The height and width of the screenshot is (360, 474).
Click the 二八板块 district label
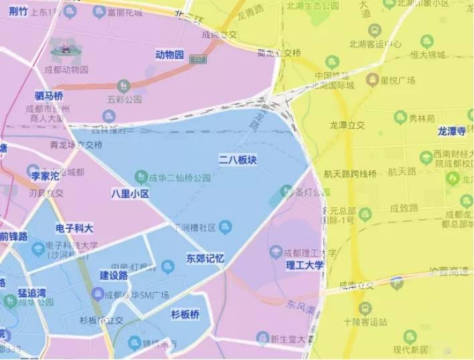[x=238, y=160]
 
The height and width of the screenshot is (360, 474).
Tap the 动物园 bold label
[x=169, y=55]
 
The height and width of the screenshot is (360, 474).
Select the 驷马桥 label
[x=49, y=96]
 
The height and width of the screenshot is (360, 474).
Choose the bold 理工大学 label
[x=305, y=265]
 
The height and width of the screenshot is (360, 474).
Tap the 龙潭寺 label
[x=455, y=130]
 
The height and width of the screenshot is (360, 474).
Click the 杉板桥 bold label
[x=185, y=314]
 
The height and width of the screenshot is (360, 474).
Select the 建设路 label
[x=114, y=275]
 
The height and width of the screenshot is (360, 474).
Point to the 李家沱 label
[x=46, y=176]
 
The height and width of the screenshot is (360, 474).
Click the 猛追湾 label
[x=37, y=292]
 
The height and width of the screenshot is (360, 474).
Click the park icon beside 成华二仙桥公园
[x=141, y=177]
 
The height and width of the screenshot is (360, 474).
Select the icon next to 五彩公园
[x=123, y=86]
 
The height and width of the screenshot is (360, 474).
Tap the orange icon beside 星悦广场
[x=372, y=80]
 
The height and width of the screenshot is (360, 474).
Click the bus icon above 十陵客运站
[x=365, y=308]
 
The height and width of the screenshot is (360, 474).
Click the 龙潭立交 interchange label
[x=347, y=124]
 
